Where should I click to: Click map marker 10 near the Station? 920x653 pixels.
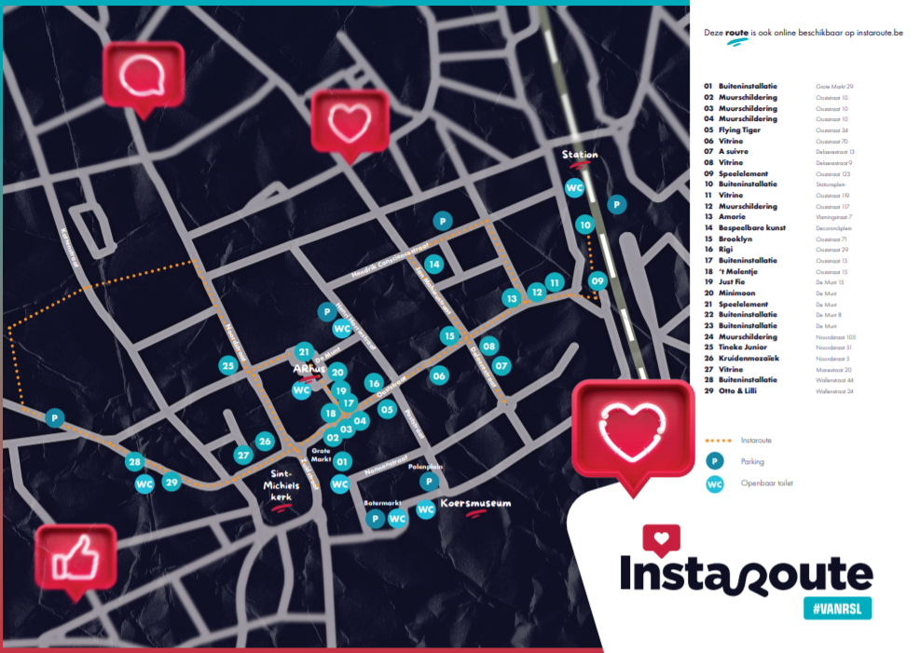coord(584,224)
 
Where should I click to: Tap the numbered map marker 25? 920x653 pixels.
coord(227,365)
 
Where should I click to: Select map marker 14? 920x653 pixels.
coord(433,264)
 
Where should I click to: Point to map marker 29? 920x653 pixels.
coord(171,482)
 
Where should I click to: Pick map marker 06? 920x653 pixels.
coord(439,374)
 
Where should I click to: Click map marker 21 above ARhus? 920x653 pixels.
coord(303,351)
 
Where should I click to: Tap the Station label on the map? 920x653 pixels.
coord(580,155)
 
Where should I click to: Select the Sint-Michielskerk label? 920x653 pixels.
coord(281,487)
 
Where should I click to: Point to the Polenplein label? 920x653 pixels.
coord(424,467)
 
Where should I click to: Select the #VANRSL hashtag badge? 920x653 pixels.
coord(837,607)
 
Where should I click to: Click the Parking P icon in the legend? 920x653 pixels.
coord(715,460)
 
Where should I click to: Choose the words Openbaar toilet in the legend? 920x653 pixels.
coord(767,483)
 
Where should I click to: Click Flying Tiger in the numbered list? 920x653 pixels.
coord(739,130)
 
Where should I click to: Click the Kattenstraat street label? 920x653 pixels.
coord(72,246)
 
